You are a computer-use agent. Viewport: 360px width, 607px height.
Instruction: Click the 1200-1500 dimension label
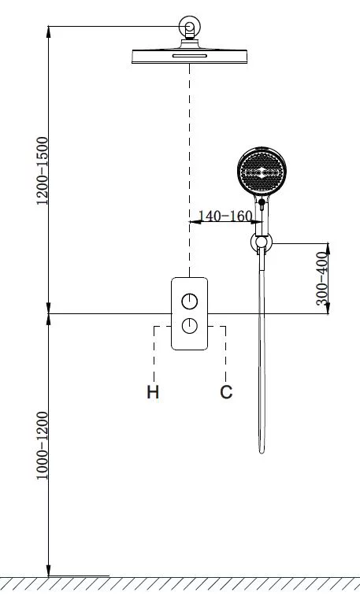tap(42, 171)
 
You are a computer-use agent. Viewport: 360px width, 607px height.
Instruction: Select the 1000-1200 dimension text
tap(42, 446)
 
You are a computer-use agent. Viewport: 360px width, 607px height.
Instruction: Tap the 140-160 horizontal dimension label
tap(225, 216)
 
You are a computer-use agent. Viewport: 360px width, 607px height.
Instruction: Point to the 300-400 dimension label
tap(321, 279)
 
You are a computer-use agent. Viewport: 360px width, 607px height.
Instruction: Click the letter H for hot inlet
tap(153, 392)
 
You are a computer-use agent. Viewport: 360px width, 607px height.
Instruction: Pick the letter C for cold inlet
tap(226, 392)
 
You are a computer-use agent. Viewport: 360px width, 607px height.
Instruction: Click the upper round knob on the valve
tap(190, 302)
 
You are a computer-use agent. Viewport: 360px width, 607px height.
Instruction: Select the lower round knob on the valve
tap(190, 326)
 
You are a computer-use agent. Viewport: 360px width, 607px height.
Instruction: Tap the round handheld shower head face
tap(262, 172)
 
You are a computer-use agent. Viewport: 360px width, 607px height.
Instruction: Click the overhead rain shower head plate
tap(190, 57)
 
